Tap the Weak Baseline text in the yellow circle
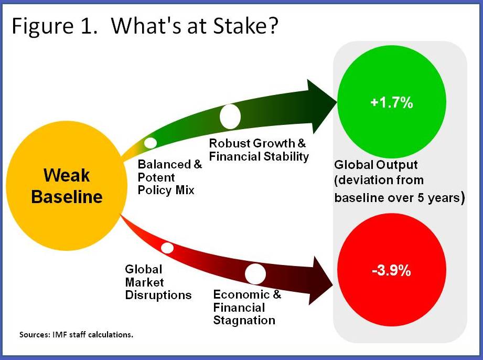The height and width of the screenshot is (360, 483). click(66, 186)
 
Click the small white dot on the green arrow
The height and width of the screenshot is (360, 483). click(150, 142)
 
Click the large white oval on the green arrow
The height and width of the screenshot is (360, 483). click(230, 116)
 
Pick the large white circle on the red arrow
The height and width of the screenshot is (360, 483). click(255, 274)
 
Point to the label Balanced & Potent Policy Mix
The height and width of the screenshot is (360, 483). click(169, 177)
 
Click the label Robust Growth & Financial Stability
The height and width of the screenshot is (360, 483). click(259, 150)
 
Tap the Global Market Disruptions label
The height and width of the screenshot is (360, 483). click(158, 282)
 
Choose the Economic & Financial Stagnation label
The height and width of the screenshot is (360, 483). click(247, 307)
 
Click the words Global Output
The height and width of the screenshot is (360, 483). click(375, 165)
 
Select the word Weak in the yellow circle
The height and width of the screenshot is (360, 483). click(66, 175)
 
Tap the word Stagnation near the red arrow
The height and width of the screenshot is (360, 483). click(244, 320)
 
